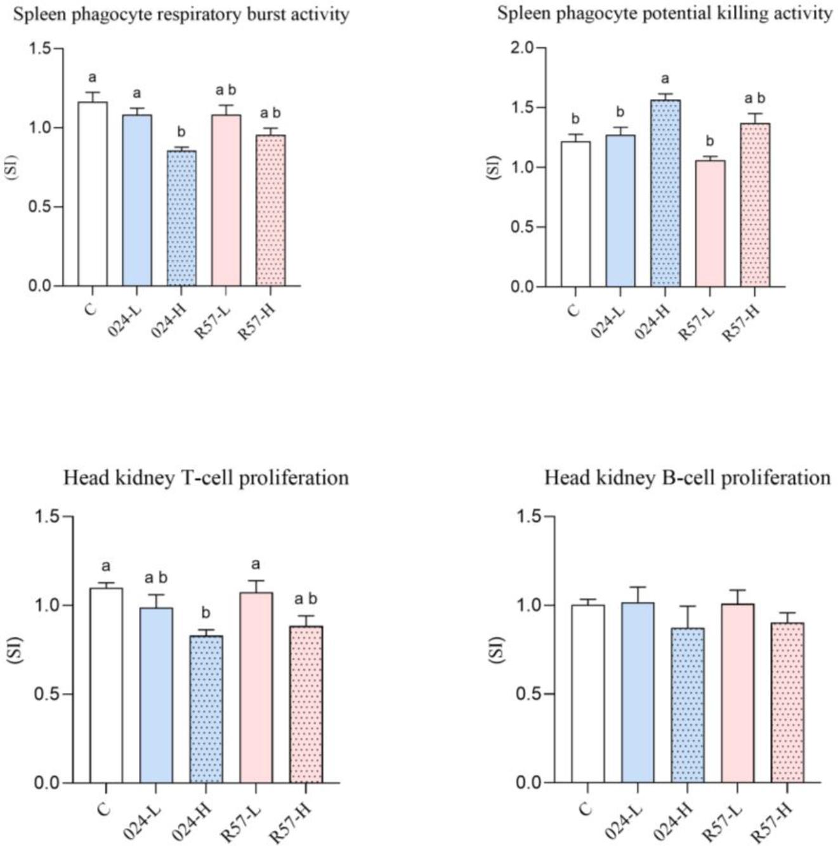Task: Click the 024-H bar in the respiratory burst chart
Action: (x=181, y=218)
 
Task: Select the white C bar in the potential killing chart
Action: (x=575, y=214)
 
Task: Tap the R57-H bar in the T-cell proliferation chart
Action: (x=306, y=704)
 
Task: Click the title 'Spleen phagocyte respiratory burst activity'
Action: (x=181, y=14)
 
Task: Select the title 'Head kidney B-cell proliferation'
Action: (x=688, y=477)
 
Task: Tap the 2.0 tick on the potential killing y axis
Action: (x=524, y=48)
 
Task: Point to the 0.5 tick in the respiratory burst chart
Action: (x=43, y=207)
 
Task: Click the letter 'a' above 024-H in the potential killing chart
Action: (x=665, y=79)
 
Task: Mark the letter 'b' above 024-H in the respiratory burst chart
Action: (x=181, y=132)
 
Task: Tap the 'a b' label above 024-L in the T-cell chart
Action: (x=156, y=578)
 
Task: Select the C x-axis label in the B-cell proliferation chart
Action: (x=586, y=809)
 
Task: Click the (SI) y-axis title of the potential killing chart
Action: (x=495, y=168)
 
